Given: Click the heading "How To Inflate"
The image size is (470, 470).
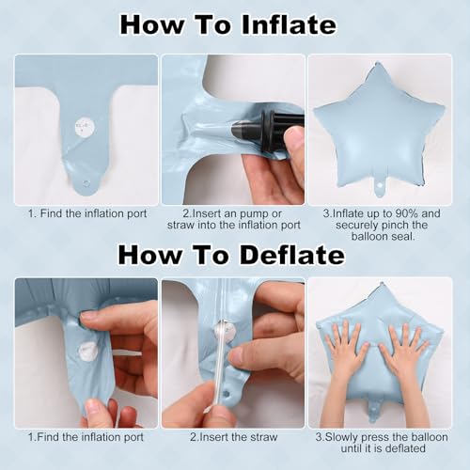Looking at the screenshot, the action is tap(228, 25).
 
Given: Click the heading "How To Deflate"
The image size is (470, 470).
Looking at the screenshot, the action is tap(231, 255).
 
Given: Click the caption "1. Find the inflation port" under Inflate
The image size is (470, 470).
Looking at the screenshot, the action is tap(87, 213).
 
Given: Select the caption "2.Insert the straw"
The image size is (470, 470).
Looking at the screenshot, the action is tap(234, 437).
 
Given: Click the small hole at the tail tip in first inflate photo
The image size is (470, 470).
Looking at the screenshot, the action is tap(86, 183).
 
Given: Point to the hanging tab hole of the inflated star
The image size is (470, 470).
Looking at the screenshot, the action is tap(380, 185).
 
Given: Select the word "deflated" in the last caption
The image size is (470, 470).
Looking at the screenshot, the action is tap(405, 448).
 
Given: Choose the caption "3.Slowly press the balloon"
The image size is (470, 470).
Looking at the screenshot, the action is tap(382, 437).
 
